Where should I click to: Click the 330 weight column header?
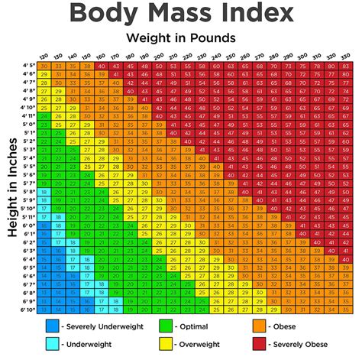tap(347, 57)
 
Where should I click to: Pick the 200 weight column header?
tap(159, 57)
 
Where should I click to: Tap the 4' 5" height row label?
tap(27, 67)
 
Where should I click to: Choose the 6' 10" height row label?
tap(27, 310)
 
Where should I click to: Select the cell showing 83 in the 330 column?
tap(347, 67)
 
